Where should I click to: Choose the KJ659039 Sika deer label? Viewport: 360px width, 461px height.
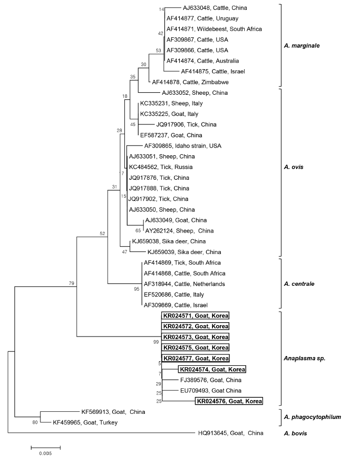point(184,252)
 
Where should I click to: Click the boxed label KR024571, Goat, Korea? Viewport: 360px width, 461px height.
point(196,316)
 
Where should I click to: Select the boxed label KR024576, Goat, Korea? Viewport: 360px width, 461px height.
point(228,401)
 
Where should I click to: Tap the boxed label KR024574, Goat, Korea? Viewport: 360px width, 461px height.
point(211,369)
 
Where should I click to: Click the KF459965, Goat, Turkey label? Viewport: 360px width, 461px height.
point(86,423)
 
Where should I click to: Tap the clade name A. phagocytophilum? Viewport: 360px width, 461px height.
point(312,417)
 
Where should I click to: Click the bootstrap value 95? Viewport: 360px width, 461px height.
point(137,289)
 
